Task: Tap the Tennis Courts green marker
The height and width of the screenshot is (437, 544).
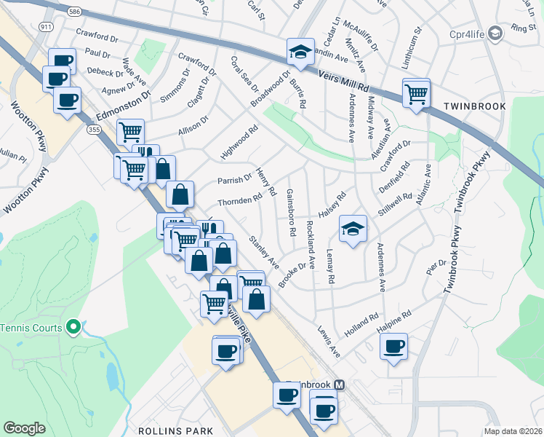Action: point(72,328)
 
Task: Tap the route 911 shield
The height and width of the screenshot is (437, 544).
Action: point(47,27)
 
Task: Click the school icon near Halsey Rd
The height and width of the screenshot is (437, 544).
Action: point(353,229)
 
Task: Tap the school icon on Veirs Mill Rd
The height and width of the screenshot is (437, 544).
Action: point(300,51)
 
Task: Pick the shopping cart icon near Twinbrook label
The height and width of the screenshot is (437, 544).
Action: point(416,92)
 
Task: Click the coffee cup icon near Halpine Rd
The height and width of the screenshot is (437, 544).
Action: point(394,346)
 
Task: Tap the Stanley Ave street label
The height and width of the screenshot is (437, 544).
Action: point(264,251)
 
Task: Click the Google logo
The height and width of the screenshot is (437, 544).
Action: point(24,428)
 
